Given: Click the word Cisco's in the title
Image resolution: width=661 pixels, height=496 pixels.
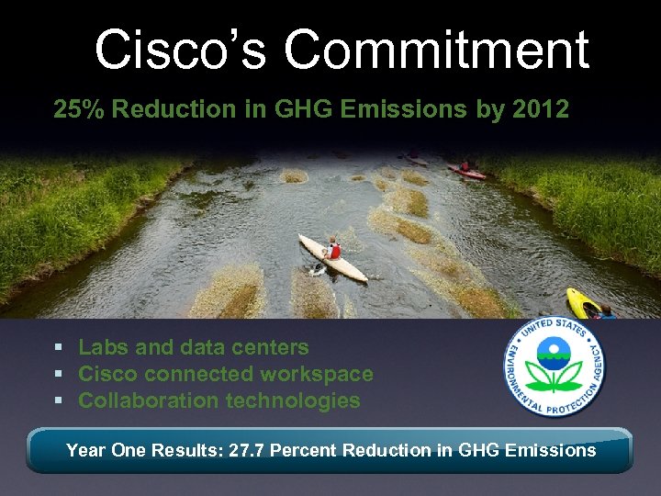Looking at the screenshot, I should tap(182, 50).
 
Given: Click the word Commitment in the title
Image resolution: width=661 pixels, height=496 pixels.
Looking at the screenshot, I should tap(436, 50).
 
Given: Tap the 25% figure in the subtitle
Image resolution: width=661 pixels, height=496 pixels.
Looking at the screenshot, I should tap(75, 110).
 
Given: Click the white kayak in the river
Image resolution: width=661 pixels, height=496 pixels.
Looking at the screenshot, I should tap(331, 258).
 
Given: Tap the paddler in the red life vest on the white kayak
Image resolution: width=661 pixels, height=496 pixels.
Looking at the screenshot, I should tap(333, 249).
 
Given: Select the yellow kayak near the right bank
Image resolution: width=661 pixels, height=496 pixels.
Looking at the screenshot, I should tap(584, 303).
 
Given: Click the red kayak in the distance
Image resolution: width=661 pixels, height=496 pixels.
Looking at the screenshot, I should tap(465, 171).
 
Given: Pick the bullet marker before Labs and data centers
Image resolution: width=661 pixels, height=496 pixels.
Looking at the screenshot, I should tap(58, 348).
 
